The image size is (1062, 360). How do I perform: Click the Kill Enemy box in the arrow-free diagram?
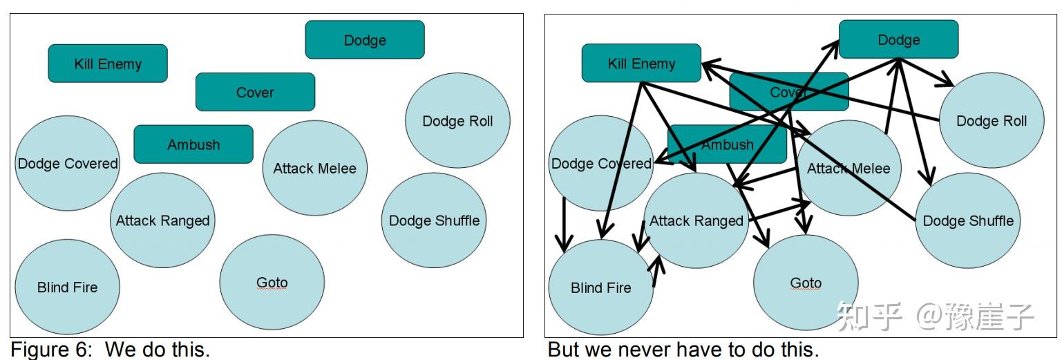click(x=108, y=64)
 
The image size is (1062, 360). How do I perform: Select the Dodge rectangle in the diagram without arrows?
click(x=365, y=40)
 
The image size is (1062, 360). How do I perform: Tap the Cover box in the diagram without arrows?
click(x=255, y=92)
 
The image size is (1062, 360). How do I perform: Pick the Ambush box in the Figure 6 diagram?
click(x=193, y=144)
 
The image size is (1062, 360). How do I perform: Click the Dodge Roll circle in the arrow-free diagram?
click(x=457, y=121)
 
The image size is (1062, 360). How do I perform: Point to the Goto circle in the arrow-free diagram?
click(x=272, y=282)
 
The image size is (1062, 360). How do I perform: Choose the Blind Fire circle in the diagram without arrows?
click(x=67, y=287)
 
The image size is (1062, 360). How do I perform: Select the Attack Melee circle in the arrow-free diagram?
click(x=314, y=168)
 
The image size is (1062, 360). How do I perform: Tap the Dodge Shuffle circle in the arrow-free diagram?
click(x=434, y=220)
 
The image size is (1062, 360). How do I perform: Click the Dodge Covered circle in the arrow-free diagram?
click(x=67, y=164)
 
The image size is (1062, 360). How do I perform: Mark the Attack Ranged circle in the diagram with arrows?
click(x=696, y=221)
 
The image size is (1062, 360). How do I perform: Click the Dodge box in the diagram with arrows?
click(x=898, y=39)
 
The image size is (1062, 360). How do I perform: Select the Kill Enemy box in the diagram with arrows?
click(x=641, y=64)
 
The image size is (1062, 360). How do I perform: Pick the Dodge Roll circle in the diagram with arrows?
click(x=992, y=121)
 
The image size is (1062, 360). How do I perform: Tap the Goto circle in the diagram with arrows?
click(x=806, y=283)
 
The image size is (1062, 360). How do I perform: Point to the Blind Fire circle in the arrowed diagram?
click(x=600, y=287)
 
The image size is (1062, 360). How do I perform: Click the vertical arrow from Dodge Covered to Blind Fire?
click(x=565, y=225)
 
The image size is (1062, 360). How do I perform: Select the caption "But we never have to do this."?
click(x=683, y=350)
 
